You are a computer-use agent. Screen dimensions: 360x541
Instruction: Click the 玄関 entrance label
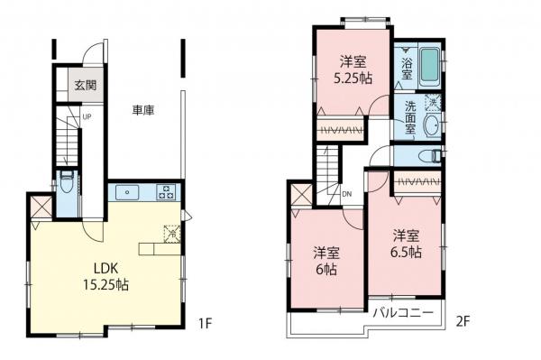click(86, 86)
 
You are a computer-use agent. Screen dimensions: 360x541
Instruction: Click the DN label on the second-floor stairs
click(346, 192)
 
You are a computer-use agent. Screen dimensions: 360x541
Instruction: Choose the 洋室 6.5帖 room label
click(407, 243)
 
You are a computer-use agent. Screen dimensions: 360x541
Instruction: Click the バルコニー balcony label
click(405, 312)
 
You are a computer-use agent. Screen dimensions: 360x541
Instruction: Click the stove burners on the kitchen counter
click(167, 191)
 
